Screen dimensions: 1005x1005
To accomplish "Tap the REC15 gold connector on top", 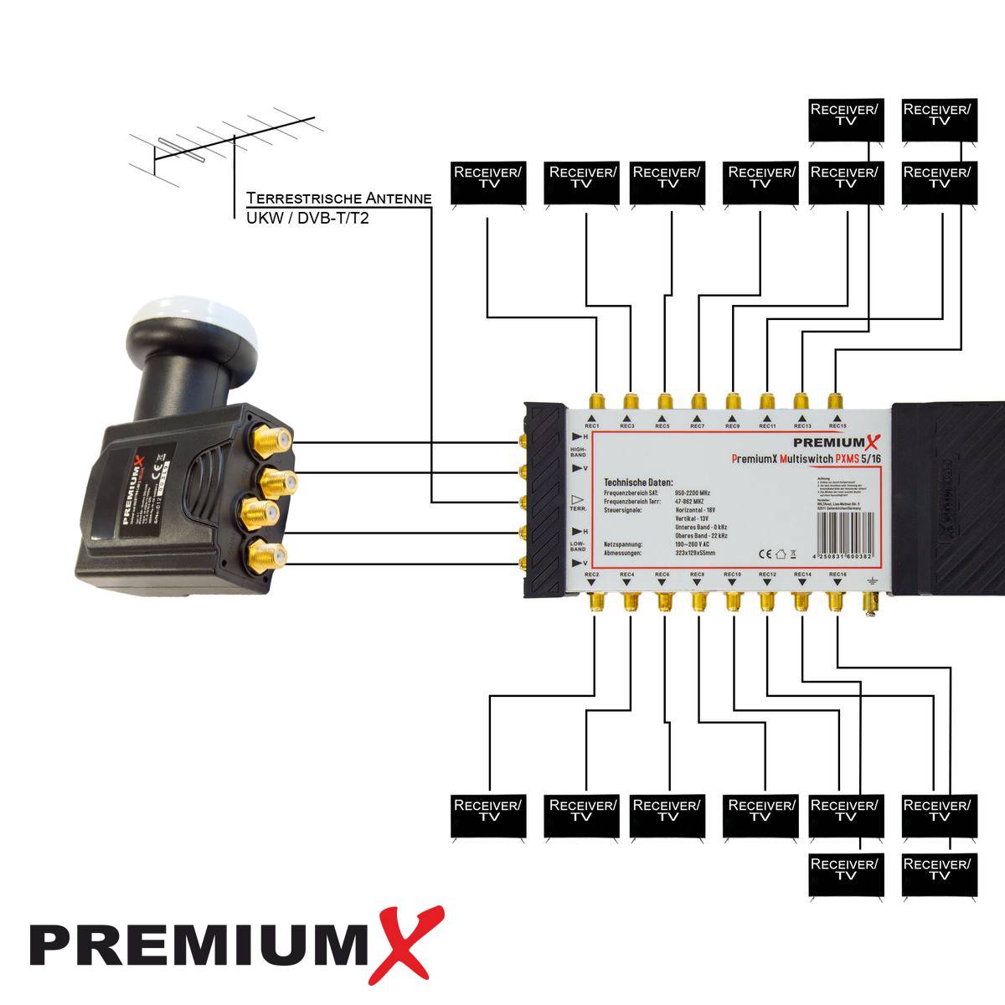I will pyautogui.click(x=834, y=399).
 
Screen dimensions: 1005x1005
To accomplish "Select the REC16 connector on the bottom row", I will pyautogui.click(x=835, y=602).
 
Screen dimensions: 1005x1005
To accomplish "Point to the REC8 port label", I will pyautogui.click(x=697, y=575).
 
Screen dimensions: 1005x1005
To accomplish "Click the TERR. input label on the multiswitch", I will pyautogui.click(x=579, y=508).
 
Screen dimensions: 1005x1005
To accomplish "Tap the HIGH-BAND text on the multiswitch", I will pyautogui.click(x=579, y=453).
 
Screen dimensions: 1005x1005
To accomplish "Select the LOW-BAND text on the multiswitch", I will pyautogui.click(x=579, y=547).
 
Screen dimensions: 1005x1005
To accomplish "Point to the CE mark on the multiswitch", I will pyautogui.click(x=764, y=553).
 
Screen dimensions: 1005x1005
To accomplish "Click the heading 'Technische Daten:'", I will pyautogui.click(x=638, y=483).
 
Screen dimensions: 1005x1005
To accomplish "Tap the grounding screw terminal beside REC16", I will pyautogui.click(x=871, y=602).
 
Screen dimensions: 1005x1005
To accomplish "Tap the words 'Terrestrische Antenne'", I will pyautogui.click(x=339, y=198).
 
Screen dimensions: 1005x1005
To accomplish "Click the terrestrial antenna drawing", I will pyautogui.click(x=222, y=151).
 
